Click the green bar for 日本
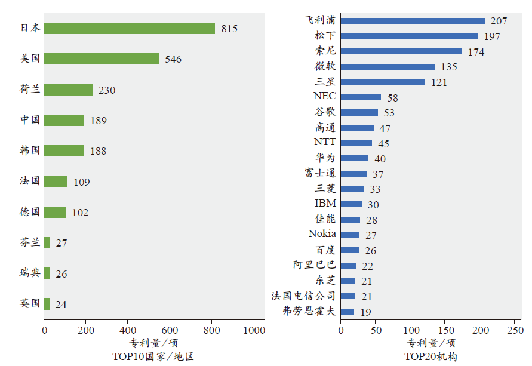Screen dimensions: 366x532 coord(129,28)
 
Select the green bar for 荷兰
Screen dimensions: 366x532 coord(68,90)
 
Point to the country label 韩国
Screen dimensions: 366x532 coord(30,150)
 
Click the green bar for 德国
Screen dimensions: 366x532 coord(54,212)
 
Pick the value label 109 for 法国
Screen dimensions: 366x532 coord(82,182)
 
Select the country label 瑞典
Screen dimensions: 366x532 coord(30,273)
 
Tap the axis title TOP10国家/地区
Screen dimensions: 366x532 coord(153,356)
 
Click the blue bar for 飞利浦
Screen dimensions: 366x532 coord(413,20)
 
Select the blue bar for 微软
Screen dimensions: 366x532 coord(388,66)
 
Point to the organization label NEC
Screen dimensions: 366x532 coord(325,96)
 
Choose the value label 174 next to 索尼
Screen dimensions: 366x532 coord(476,52)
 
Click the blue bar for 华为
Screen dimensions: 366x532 coord(355,158)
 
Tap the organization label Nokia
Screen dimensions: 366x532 coord(322,234)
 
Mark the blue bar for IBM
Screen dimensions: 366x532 coord(351,204)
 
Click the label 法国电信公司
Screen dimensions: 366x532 coord(303,296)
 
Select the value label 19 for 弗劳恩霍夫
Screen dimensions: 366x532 coord(365,312)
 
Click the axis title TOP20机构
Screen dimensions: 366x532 coord(430,356)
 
